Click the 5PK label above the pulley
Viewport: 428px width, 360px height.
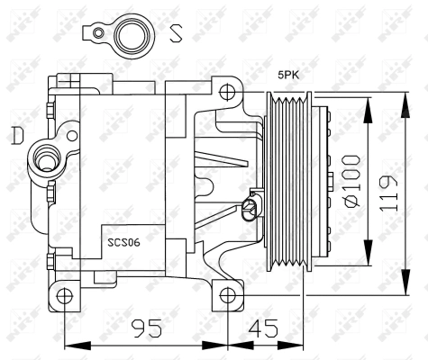tap(288, 75)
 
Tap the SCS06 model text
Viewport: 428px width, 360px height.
tap(123, 242)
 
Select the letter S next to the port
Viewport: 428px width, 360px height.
tap(176, 33)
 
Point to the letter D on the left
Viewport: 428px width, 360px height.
tap(18, 135)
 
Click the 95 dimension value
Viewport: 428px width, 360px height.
tap(147, 328)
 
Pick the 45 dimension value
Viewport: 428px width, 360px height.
tap(263, 328)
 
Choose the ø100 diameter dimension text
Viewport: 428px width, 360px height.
tap(352, 181)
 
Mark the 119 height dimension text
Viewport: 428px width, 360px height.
tap(388, 193)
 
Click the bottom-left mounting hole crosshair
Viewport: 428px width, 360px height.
tap(65, 296)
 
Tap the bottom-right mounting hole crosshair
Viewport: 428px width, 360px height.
tap(228, 295)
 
